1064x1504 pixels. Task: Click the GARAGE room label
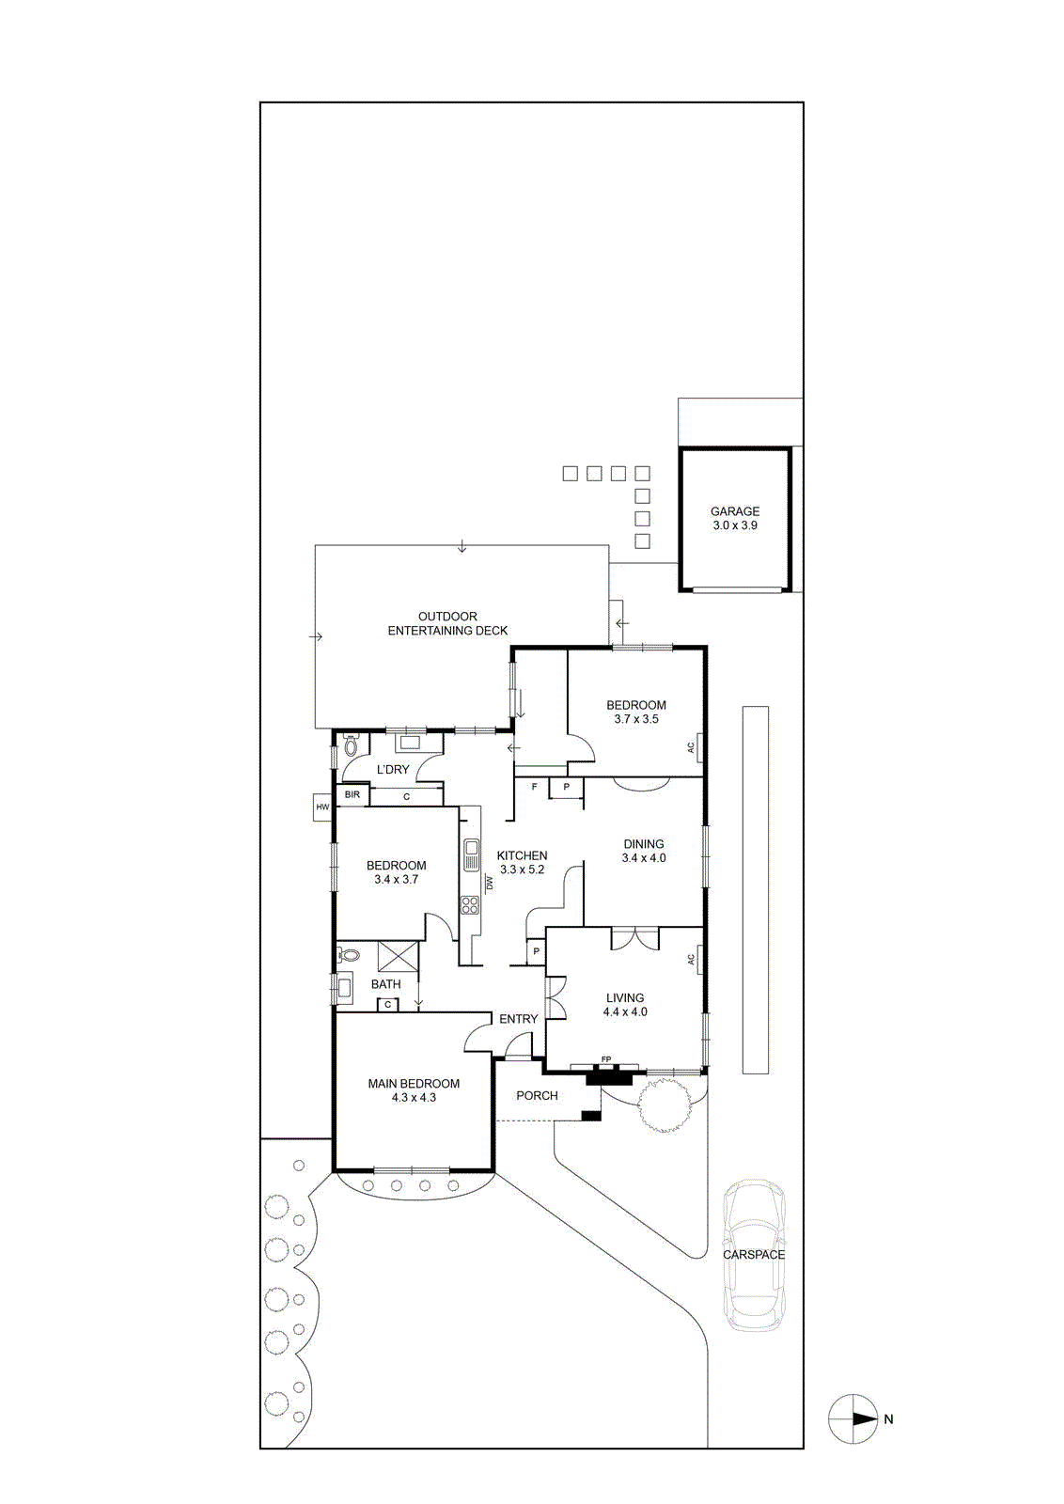734,511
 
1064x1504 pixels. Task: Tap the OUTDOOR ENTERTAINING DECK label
447,623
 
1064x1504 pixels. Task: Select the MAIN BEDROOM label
414,1084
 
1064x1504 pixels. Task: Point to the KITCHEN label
522,855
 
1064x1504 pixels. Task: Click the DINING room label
644,844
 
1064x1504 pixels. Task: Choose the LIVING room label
625,997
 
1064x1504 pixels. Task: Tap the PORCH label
537,1096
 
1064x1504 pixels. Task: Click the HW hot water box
323,807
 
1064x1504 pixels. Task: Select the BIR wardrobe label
352,794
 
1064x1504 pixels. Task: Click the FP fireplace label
606,1059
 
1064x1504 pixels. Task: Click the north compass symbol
853,1401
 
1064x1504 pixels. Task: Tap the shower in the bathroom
399,956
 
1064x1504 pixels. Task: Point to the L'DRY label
393,770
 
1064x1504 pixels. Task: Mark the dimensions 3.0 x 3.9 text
735,525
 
